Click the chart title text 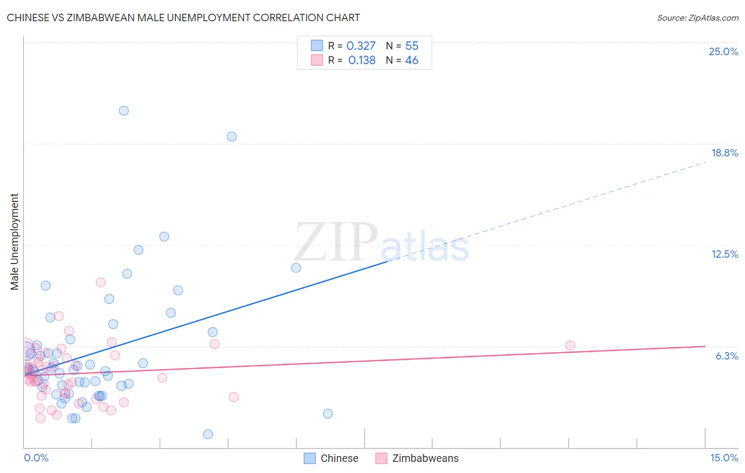pos(183,17)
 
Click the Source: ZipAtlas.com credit pos(697,17)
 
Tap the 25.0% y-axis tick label pos(723,51)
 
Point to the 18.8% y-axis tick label pos(724,153)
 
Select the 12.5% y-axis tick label pos(724,254)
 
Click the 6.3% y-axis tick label pos(726,356)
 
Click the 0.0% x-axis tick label pos(36,458)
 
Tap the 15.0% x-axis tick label pos(724,458)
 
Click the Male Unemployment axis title pos(14,242)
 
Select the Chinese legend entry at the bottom pos(332,458)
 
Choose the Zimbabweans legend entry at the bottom pos(418,458)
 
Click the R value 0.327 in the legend pos(361,46)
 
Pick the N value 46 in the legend pos(412,60)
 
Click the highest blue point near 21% pos(124,111)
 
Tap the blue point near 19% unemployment pos(232,136)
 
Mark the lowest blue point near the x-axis pos(208,434)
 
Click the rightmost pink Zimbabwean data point pos(570,345)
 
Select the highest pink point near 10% pos(101,282)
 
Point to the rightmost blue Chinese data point pos(328,414)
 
